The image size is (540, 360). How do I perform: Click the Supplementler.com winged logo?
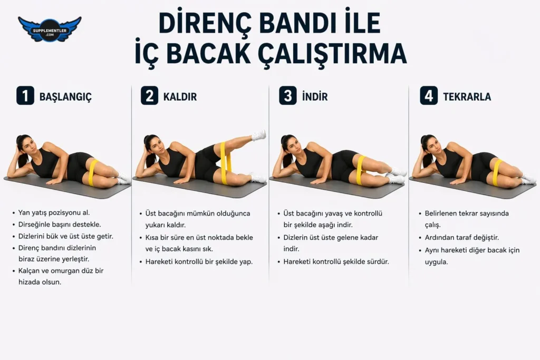coord(50,30)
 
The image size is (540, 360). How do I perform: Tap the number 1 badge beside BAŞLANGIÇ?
coord(25,96)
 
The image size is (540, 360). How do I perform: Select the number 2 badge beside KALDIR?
coord(149,96)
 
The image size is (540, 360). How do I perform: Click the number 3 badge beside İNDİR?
coord(288,96)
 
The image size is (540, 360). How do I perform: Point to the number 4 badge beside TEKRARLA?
coord(429,96)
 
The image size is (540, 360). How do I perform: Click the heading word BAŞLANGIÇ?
coord(65,96)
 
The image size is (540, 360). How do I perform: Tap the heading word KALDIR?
coord(180,96)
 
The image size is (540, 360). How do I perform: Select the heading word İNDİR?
coord(315,96)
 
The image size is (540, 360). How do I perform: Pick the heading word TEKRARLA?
coord(467,96)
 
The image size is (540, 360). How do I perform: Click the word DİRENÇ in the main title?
coord(205,23)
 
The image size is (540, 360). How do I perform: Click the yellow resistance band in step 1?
coord(93,172)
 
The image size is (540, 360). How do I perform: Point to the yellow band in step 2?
coord(226,162)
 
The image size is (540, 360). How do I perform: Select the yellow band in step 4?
coord(497,172)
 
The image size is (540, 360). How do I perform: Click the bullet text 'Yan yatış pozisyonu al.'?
coord(54,213)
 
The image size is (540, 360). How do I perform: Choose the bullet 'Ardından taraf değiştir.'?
coord(461,238)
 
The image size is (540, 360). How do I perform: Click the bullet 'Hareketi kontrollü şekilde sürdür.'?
coord(336,261)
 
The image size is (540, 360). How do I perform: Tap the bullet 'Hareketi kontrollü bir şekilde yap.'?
coord(199,261)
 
